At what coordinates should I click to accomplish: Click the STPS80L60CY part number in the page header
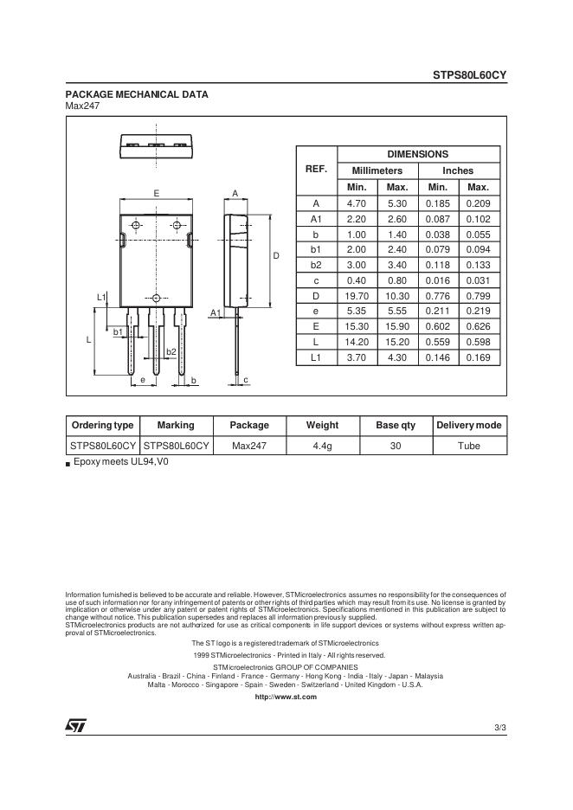(469, 75)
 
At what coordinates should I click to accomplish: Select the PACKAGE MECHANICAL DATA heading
(137, 94)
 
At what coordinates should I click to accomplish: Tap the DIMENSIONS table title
(417, 154)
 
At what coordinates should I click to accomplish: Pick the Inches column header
(458, 170)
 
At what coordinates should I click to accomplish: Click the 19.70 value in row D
(357, 296)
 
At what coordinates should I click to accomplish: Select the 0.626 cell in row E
(478, 327)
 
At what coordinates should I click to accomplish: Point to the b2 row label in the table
(316, 265)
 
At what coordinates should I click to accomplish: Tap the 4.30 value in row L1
(397, 357)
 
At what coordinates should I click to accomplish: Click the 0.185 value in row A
(438, 202)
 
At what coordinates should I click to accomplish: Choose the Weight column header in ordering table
(322, 425)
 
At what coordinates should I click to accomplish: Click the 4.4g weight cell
(322, 446)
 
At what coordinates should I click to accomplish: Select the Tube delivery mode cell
(468, 446)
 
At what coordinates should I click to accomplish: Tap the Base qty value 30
(396, 446)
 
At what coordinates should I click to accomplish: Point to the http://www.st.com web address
(286, 697)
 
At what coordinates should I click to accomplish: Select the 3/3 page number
(499, 728)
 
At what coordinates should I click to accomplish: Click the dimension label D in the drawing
(276, 256)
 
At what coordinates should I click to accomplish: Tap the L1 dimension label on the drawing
(100, 298)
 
